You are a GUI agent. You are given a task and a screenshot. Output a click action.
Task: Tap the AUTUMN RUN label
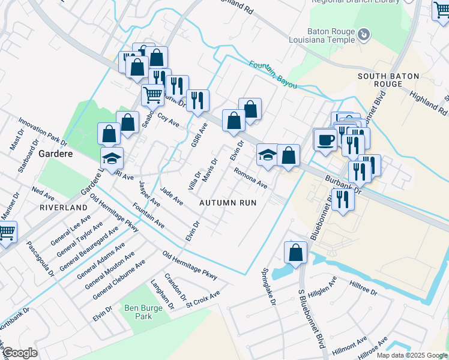click(x=228, y=203)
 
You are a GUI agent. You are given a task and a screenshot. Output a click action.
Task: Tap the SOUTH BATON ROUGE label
click(x=388, y=80)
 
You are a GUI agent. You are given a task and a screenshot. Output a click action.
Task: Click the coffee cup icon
click(x=325, y=140)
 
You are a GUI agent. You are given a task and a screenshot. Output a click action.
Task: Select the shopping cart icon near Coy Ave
click(x=152, y=94)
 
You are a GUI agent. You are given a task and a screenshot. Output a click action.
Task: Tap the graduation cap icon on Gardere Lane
click(x=112, y=158)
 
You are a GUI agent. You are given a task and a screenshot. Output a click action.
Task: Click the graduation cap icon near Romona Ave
click(x=267, y=155)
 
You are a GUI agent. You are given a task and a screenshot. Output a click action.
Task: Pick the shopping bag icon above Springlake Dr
click(x=296, y=252)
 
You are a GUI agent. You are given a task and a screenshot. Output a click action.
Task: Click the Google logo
click(x=19, y=353)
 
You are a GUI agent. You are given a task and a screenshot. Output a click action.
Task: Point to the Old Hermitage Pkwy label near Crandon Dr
click(x=189, y=265)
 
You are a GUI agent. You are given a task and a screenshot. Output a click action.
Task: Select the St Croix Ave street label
click(x=203, y=298)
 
